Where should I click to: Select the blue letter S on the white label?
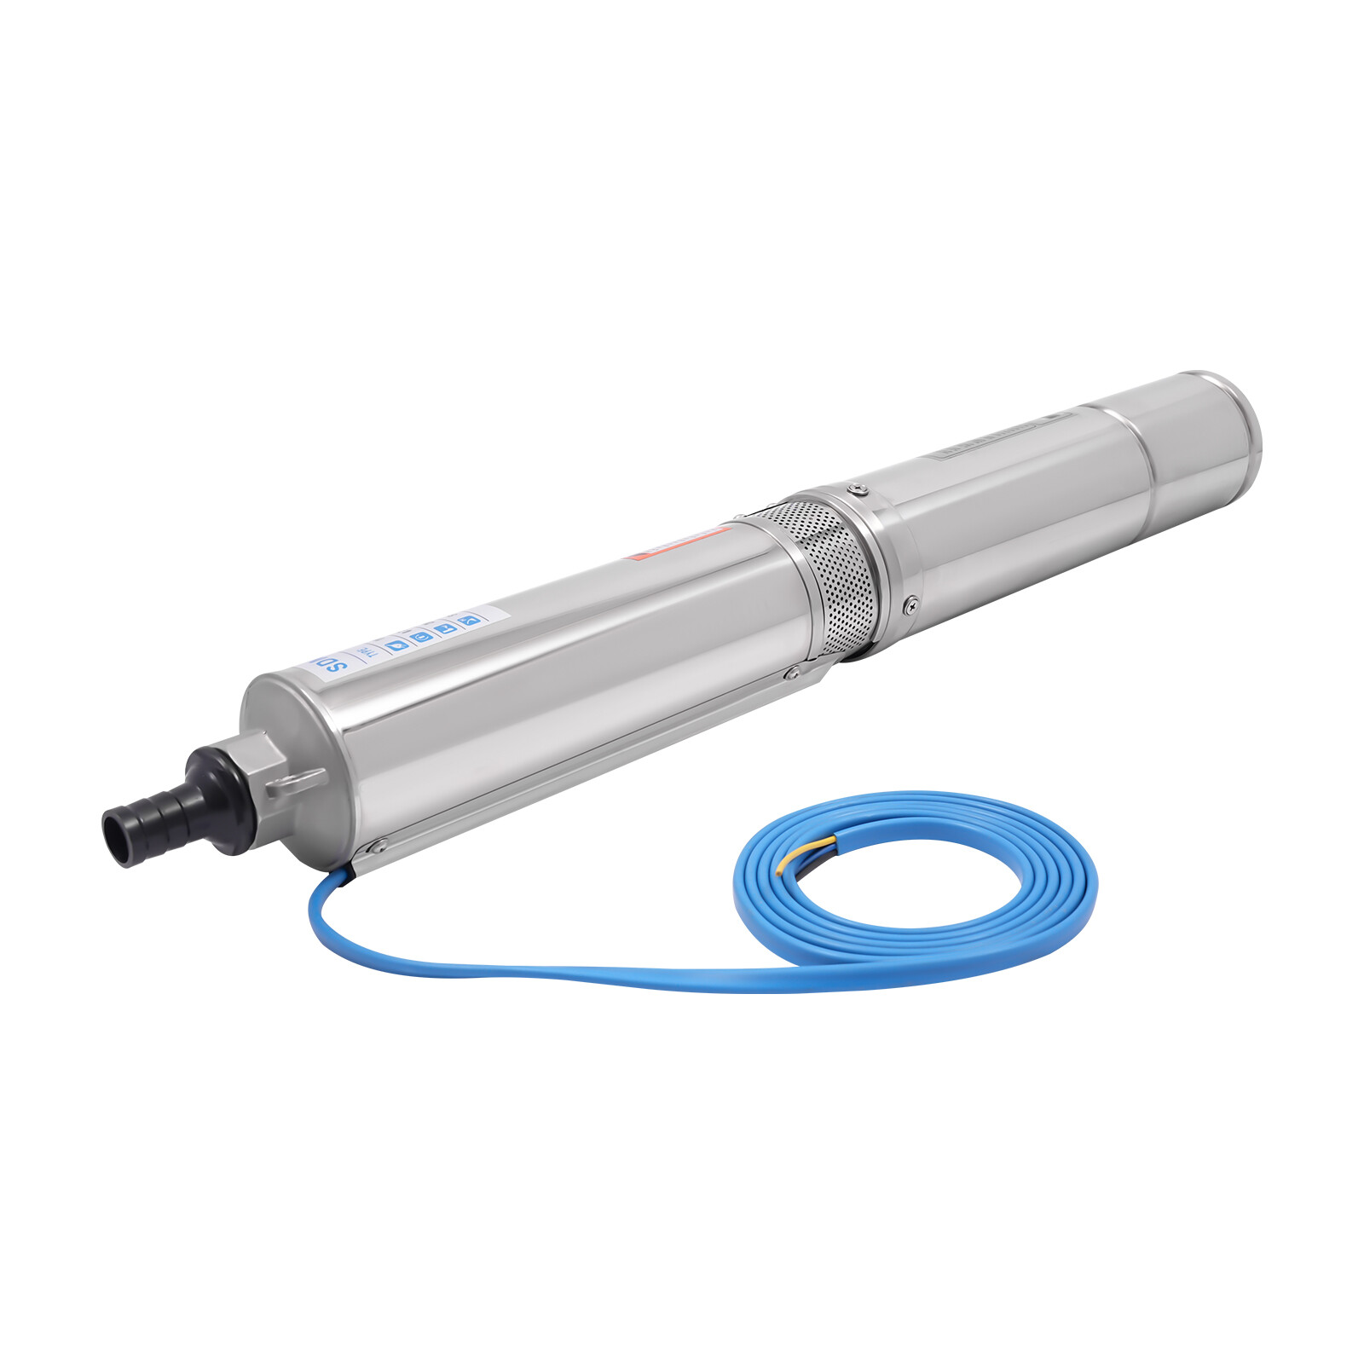click(334, 664)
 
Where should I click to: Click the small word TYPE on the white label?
click(365, 652)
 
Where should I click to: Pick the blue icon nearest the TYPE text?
click(396, 645)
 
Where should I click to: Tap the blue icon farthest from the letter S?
click(468, 620)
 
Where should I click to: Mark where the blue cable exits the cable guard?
click(348, 873)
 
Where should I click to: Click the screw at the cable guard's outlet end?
click(375, 847)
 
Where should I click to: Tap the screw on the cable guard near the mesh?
click(794, 673)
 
